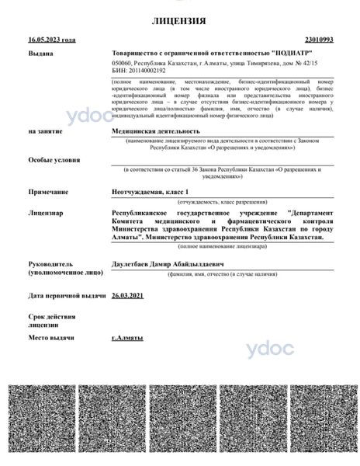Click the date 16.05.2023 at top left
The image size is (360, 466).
coord(52,39)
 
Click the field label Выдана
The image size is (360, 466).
coord(41,54)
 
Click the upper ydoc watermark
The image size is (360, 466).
coord(91,120)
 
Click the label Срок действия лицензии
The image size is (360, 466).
coord(52,322)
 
